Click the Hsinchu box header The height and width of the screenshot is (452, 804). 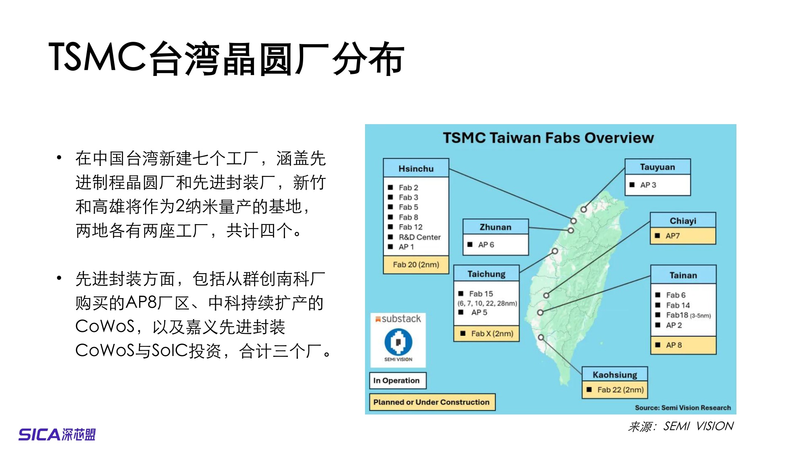click(x=416, y=168)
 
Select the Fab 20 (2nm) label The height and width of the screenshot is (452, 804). click(x=416, y=264)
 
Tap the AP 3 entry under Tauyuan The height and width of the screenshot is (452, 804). click(x=648, y=185)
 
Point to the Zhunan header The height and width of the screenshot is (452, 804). click(x=495, y=227)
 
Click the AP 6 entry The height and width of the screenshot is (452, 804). click(x=486, y=245)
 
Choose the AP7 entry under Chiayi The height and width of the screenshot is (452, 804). click(x=673, y=236)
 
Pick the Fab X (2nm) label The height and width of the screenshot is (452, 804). click(x=492, y=333)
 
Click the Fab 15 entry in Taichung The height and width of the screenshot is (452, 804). click(x=481, y=294)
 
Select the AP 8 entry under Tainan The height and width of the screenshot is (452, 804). click(x=674, y=345)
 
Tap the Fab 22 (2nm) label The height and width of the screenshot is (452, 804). click(x=620, y=390)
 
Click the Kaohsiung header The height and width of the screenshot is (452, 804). click(x=615, y=374)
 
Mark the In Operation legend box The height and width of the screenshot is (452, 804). click(x=397, y=380)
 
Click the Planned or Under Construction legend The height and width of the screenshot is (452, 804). click(x=431, y=402)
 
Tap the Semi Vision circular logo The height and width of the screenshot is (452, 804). click(x=398, y=342)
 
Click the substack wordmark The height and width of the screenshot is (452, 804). click(x=401, y=319)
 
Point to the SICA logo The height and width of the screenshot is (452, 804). click(x=57, y=434)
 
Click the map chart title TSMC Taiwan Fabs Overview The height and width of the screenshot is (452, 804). click(x=548, y=138)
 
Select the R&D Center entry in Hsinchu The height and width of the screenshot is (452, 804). click(x=419, y=237)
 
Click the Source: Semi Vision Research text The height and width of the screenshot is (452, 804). click(x=683, y=407)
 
